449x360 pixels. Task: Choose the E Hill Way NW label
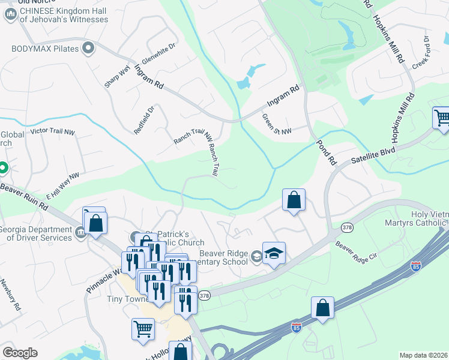click(x=62, y=184)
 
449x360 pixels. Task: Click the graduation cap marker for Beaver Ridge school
click(x=274, y=253)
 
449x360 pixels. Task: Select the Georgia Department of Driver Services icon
click(x=80, y=232)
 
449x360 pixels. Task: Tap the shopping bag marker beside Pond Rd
click(x=294, y=200)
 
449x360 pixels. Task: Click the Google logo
click(x=20, y=353)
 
